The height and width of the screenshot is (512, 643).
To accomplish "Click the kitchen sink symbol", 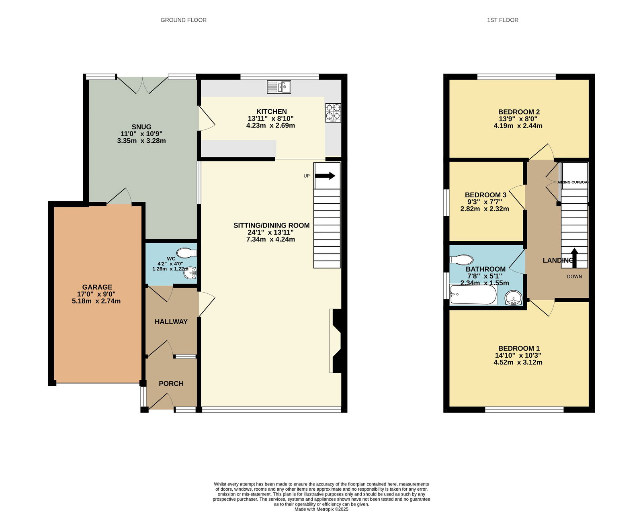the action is coord(278,87).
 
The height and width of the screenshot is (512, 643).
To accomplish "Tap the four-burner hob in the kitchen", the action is coord(333,113).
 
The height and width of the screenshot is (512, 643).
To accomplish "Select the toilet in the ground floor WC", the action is coord(186,253).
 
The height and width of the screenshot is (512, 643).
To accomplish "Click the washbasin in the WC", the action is coord(190,273).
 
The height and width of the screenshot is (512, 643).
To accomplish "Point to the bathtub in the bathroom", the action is coord(473,295).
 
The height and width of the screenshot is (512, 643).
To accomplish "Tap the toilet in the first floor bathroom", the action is coord(461,260).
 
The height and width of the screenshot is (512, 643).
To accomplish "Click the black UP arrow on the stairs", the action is coord(325,176).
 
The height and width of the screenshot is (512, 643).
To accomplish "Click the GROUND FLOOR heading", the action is coord(184,20).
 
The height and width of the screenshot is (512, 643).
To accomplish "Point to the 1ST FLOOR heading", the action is coord(503,20).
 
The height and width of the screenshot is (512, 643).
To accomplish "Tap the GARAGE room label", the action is coord(97,287).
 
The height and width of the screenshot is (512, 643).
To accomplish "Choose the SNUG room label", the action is coord(141,127).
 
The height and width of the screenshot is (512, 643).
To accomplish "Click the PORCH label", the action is coord(171,383).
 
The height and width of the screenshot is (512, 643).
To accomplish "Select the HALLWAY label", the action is coord(171,322).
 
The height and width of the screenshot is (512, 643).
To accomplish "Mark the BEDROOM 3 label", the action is coord(485,195).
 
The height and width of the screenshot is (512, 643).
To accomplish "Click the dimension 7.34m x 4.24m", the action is coord(270,239).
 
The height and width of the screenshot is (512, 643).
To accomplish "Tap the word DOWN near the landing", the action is coord(574,276).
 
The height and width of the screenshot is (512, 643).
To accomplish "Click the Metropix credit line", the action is coord(321,509).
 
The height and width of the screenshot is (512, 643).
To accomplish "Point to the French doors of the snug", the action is coord(142,85).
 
